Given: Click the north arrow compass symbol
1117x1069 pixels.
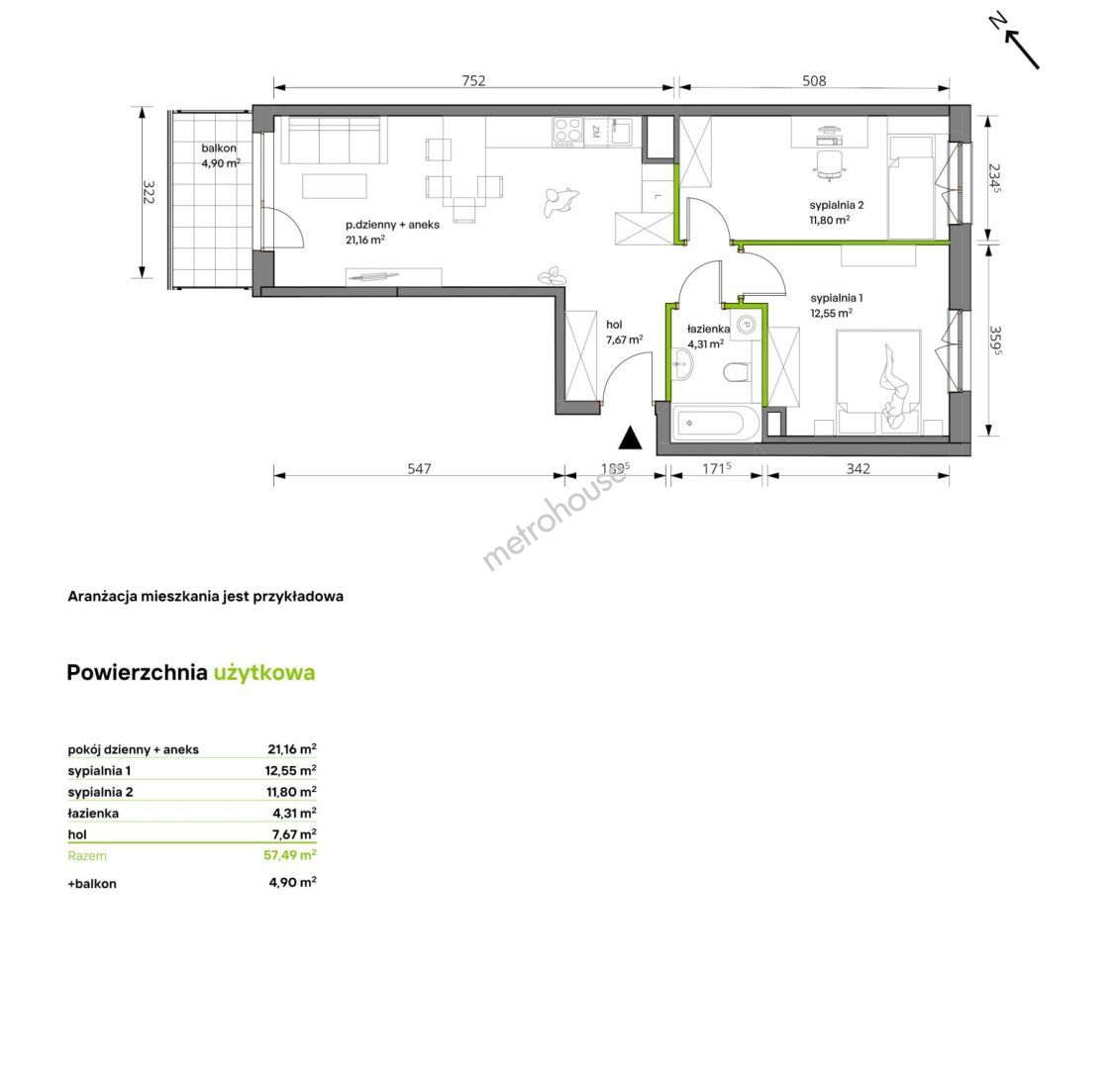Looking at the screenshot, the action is pos(1017,42).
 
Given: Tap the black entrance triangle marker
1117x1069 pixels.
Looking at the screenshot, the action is pos(630,438).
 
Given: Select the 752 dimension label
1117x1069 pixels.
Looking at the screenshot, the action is pos(473,80).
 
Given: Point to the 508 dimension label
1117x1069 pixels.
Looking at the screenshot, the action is pos(814,80).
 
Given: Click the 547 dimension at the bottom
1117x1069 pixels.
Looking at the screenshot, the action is pos(419,468).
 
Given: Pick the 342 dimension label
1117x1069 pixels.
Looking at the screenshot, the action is pos(858,468).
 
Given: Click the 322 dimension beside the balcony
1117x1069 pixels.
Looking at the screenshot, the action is pos(149,192).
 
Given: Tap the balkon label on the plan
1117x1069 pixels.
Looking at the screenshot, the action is pos(219,148).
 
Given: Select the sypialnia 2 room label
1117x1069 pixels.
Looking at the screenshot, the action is pos(837,205).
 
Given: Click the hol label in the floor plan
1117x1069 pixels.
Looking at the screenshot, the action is pos(613,325).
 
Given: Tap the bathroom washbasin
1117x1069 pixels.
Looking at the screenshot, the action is pos(681,365).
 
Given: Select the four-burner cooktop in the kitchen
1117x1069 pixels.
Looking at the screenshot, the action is pos(567,133).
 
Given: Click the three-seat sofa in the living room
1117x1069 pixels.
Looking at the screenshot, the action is pos(334,140).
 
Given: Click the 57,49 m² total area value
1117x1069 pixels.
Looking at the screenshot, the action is pos(290,854).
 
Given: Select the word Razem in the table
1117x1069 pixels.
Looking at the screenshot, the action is pos(87,856).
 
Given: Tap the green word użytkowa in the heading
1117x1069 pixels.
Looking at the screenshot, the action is pos(264,673).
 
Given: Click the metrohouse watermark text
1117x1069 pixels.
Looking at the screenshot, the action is pos(555,519).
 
